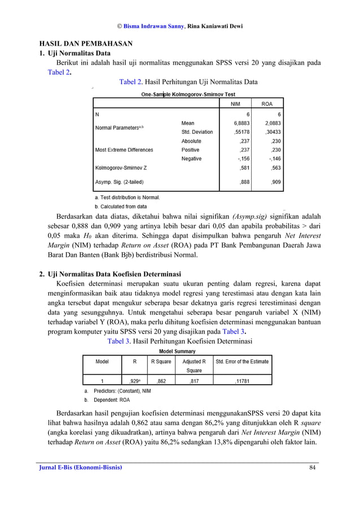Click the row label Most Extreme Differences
click(124, 150)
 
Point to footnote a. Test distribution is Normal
click(127, 198)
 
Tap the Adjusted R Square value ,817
click(194, 380)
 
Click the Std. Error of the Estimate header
click(242, 361)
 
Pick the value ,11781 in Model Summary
click(243, 380)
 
